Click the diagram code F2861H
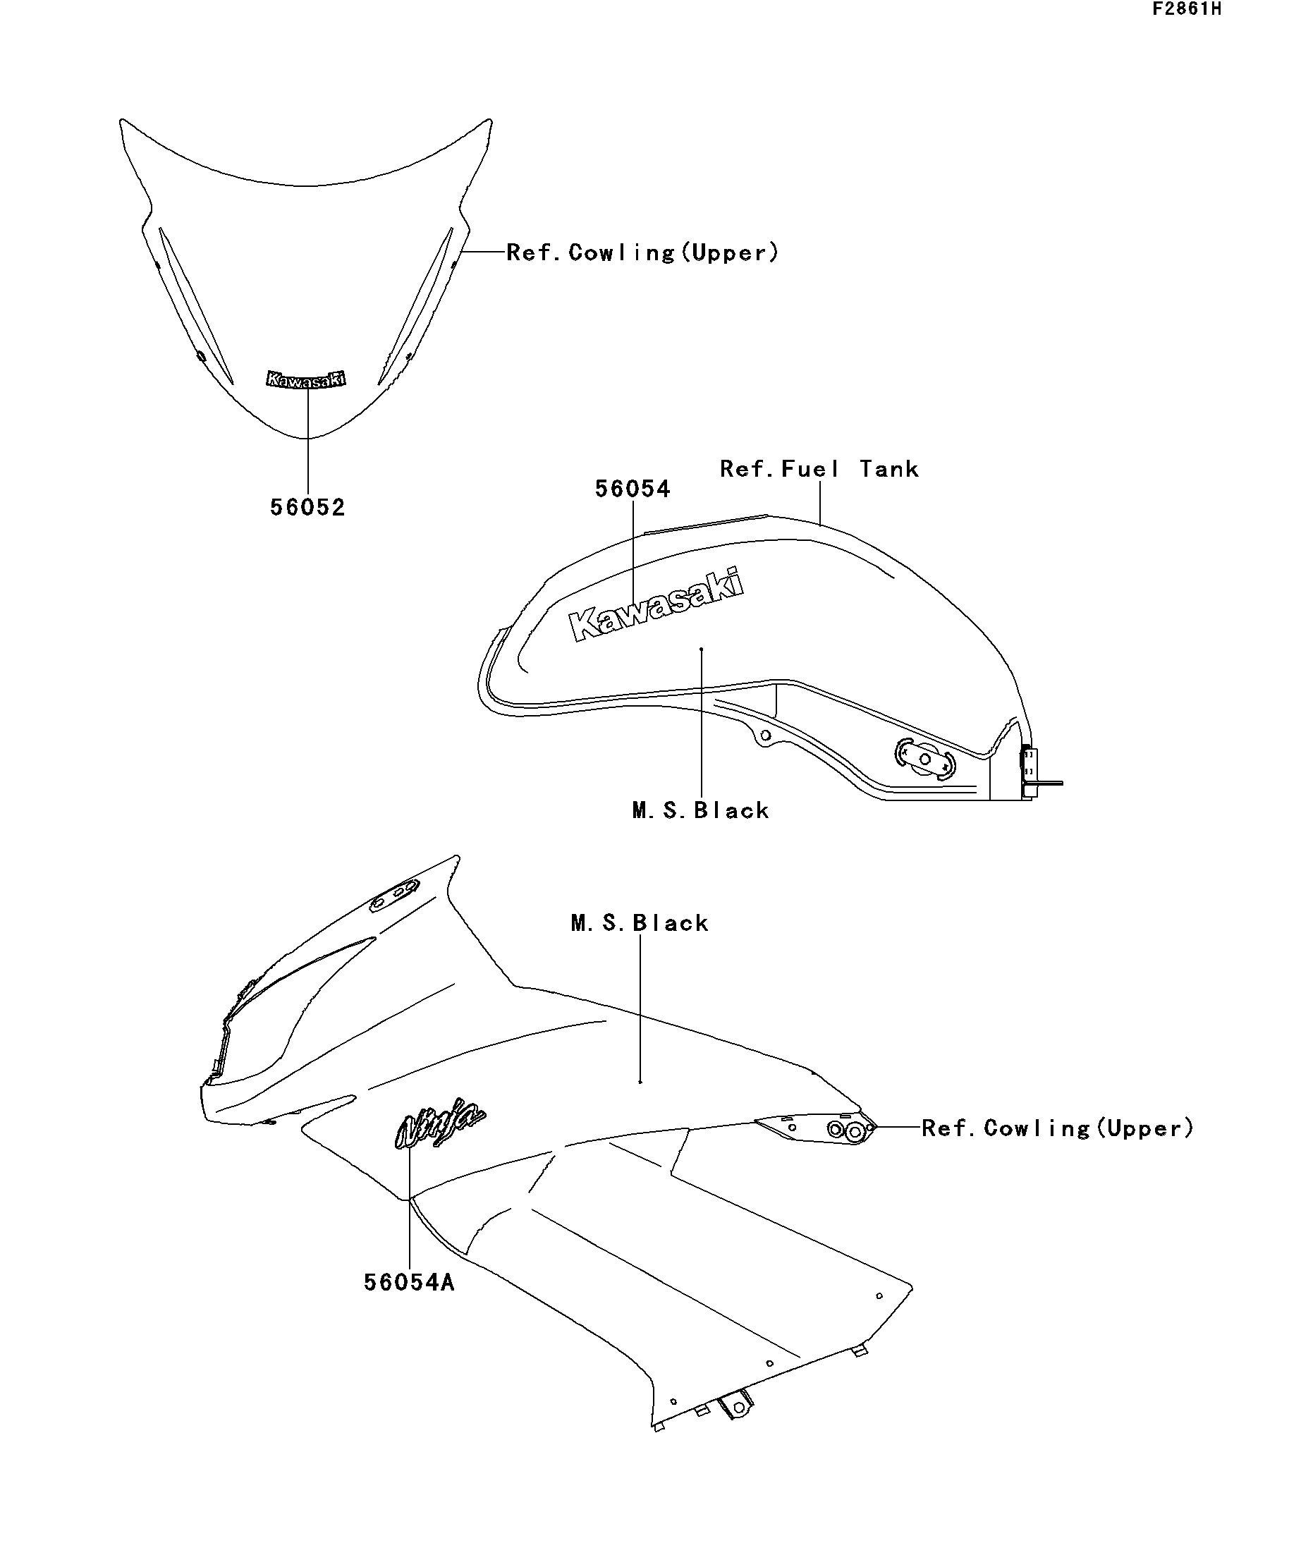click(x=1186, y=10)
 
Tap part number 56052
click(x=307, y=507)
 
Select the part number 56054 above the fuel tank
click(x=633, y=489)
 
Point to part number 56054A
click(x=409, y=1282)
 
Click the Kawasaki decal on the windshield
click(x=307, y=379)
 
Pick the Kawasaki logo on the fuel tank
click(x=656, y=604)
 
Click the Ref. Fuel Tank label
click(x=819, y=469)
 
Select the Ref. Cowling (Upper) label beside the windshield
click(x=642, y=252)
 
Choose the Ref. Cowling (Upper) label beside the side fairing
click(x=1058, y=1128)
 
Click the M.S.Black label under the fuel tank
click(x=700, y=810)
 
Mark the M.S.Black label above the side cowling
click(x=640, y=922)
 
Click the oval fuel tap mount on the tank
click(x=924, y=759)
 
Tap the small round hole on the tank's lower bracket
click(x=766, y=736)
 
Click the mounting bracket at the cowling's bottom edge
click(x=735, y=1405)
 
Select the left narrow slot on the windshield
click(x=196, y=305)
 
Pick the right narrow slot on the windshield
click(x=415, y=306)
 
